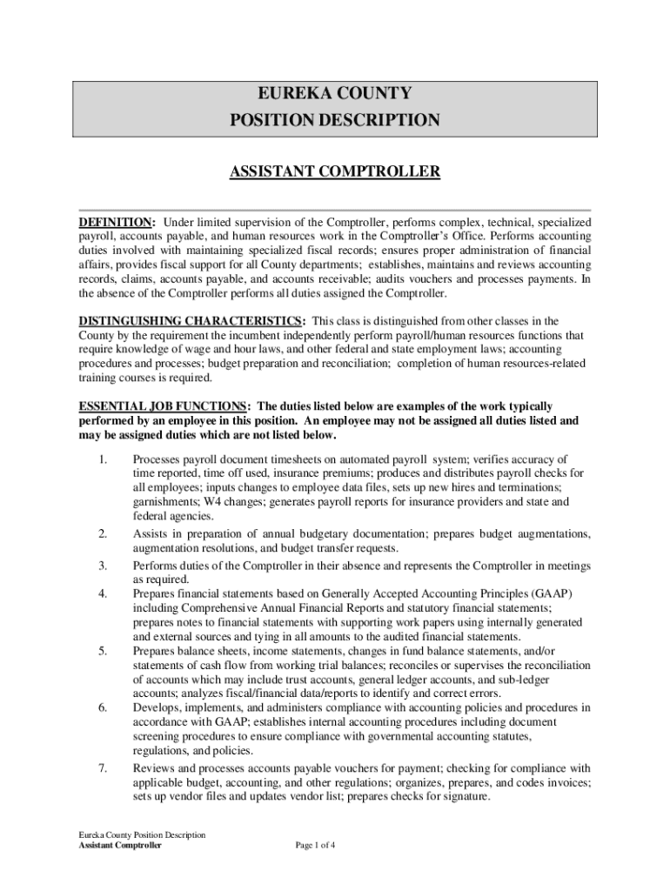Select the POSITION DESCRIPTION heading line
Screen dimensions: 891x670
334,120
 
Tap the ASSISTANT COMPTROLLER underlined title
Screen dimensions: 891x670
334,172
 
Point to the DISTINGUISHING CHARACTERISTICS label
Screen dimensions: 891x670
191,321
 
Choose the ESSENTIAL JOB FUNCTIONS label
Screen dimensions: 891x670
164,406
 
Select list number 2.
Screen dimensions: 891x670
103,533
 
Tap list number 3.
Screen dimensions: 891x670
103,566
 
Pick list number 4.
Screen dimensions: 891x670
103,593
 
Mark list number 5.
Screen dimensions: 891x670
103,651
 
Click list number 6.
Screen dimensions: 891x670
103,707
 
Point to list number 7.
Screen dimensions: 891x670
103,768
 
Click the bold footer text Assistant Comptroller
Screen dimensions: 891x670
120,845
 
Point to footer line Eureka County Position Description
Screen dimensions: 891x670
142,834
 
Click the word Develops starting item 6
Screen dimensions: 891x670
156,707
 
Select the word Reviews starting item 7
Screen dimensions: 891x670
153,768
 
